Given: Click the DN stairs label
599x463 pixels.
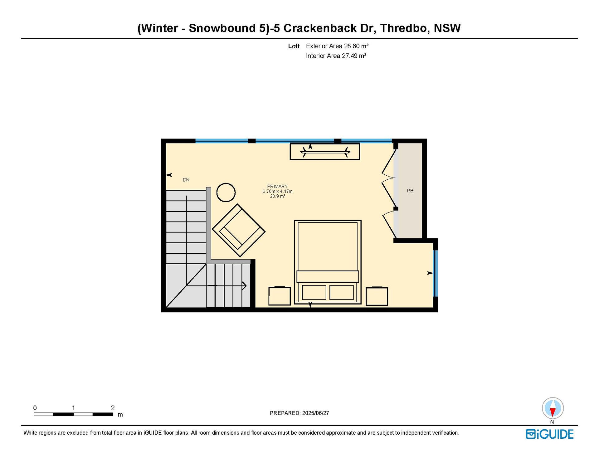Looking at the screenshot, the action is click(x=186, y=180).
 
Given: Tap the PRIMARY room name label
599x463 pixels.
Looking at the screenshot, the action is click(x=277, y=186).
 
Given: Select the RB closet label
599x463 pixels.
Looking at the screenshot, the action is click(x=410, y=191).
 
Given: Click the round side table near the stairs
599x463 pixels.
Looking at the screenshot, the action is click(x=226, y=193).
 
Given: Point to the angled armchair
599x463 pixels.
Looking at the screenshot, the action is click(x=239, y=231).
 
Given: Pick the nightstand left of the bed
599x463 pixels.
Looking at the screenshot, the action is click(x=280, y=296).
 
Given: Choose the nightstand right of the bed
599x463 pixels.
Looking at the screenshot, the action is click(x=377, y=296).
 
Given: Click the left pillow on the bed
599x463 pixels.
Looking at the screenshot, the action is click(x=314, y=292).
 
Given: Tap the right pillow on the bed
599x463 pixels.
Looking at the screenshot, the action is click(x=342, y=292).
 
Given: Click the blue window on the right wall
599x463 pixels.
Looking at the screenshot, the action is click(x=436, y=273).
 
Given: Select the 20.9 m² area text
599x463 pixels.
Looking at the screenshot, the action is click(x=278, y=196).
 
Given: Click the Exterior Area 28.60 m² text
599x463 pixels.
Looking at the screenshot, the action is click(x=337, y=46).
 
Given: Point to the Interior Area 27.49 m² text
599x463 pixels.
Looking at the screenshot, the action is click(x=336, y=56).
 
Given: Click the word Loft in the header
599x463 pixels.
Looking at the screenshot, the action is click(x=294, y=46).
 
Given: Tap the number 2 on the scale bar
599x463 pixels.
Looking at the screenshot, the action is click(x=113, y=408).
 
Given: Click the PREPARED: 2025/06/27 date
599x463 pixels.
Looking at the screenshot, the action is click(x=299, y=413).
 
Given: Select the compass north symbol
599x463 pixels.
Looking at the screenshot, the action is click(x=553, y=408).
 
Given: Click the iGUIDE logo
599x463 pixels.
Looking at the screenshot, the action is click(x=550, y=434).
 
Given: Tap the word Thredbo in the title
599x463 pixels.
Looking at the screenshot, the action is click(x=404, y=28).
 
